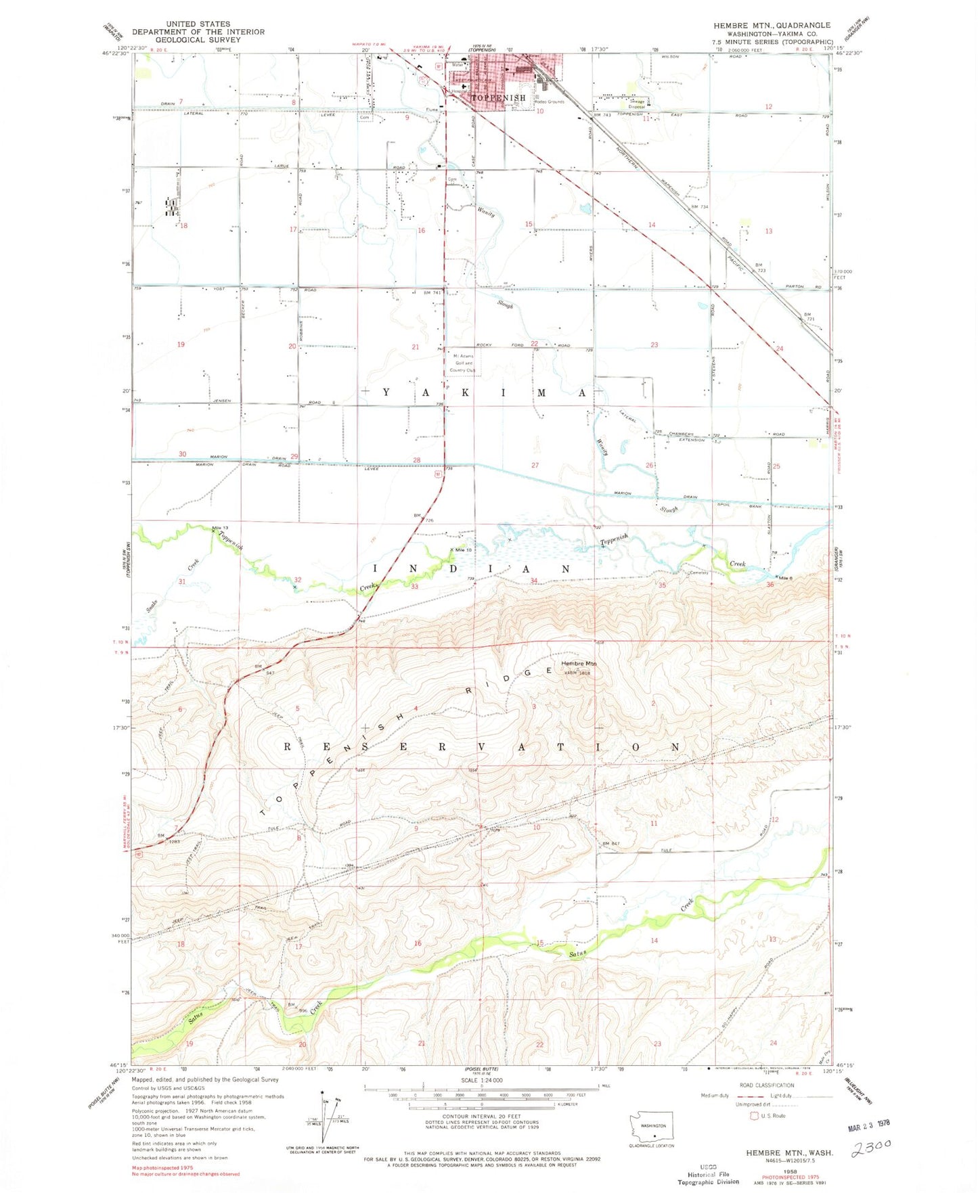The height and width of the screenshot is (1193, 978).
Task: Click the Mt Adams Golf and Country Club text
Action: pos(464,363)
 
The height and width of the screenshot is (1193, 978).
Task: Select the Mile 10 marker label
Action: pos(464,550)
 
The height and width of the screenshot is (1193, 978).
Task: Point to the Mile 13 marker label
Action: pos(220,528)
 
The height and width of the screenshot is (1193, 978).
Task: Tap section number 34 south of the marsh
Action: pos(534,581)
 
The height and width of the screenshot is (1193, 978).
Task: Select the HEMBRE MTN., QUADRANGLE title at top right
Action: pos(771,25)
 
